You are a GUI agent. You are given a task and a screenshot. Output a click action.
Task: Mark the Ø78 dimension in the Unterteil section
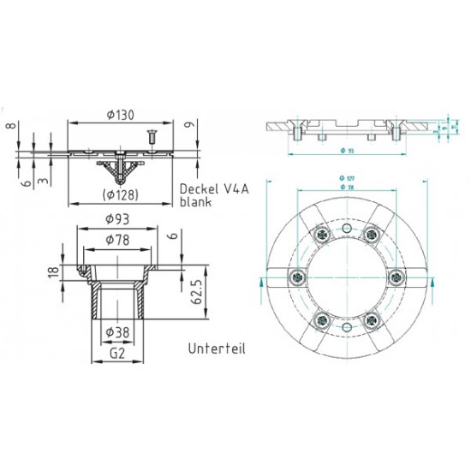117,239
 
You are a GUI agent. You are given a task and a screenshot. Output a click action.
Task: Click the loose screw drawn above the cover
149,135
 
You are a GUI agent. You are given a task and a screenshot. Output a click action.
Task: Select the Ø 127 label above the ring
345,178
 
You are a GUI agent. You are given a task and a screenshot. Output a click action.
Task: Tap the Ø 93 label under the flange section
345,152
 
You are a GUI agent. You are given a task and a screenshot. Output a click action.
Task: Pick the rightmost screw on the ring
396,277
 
